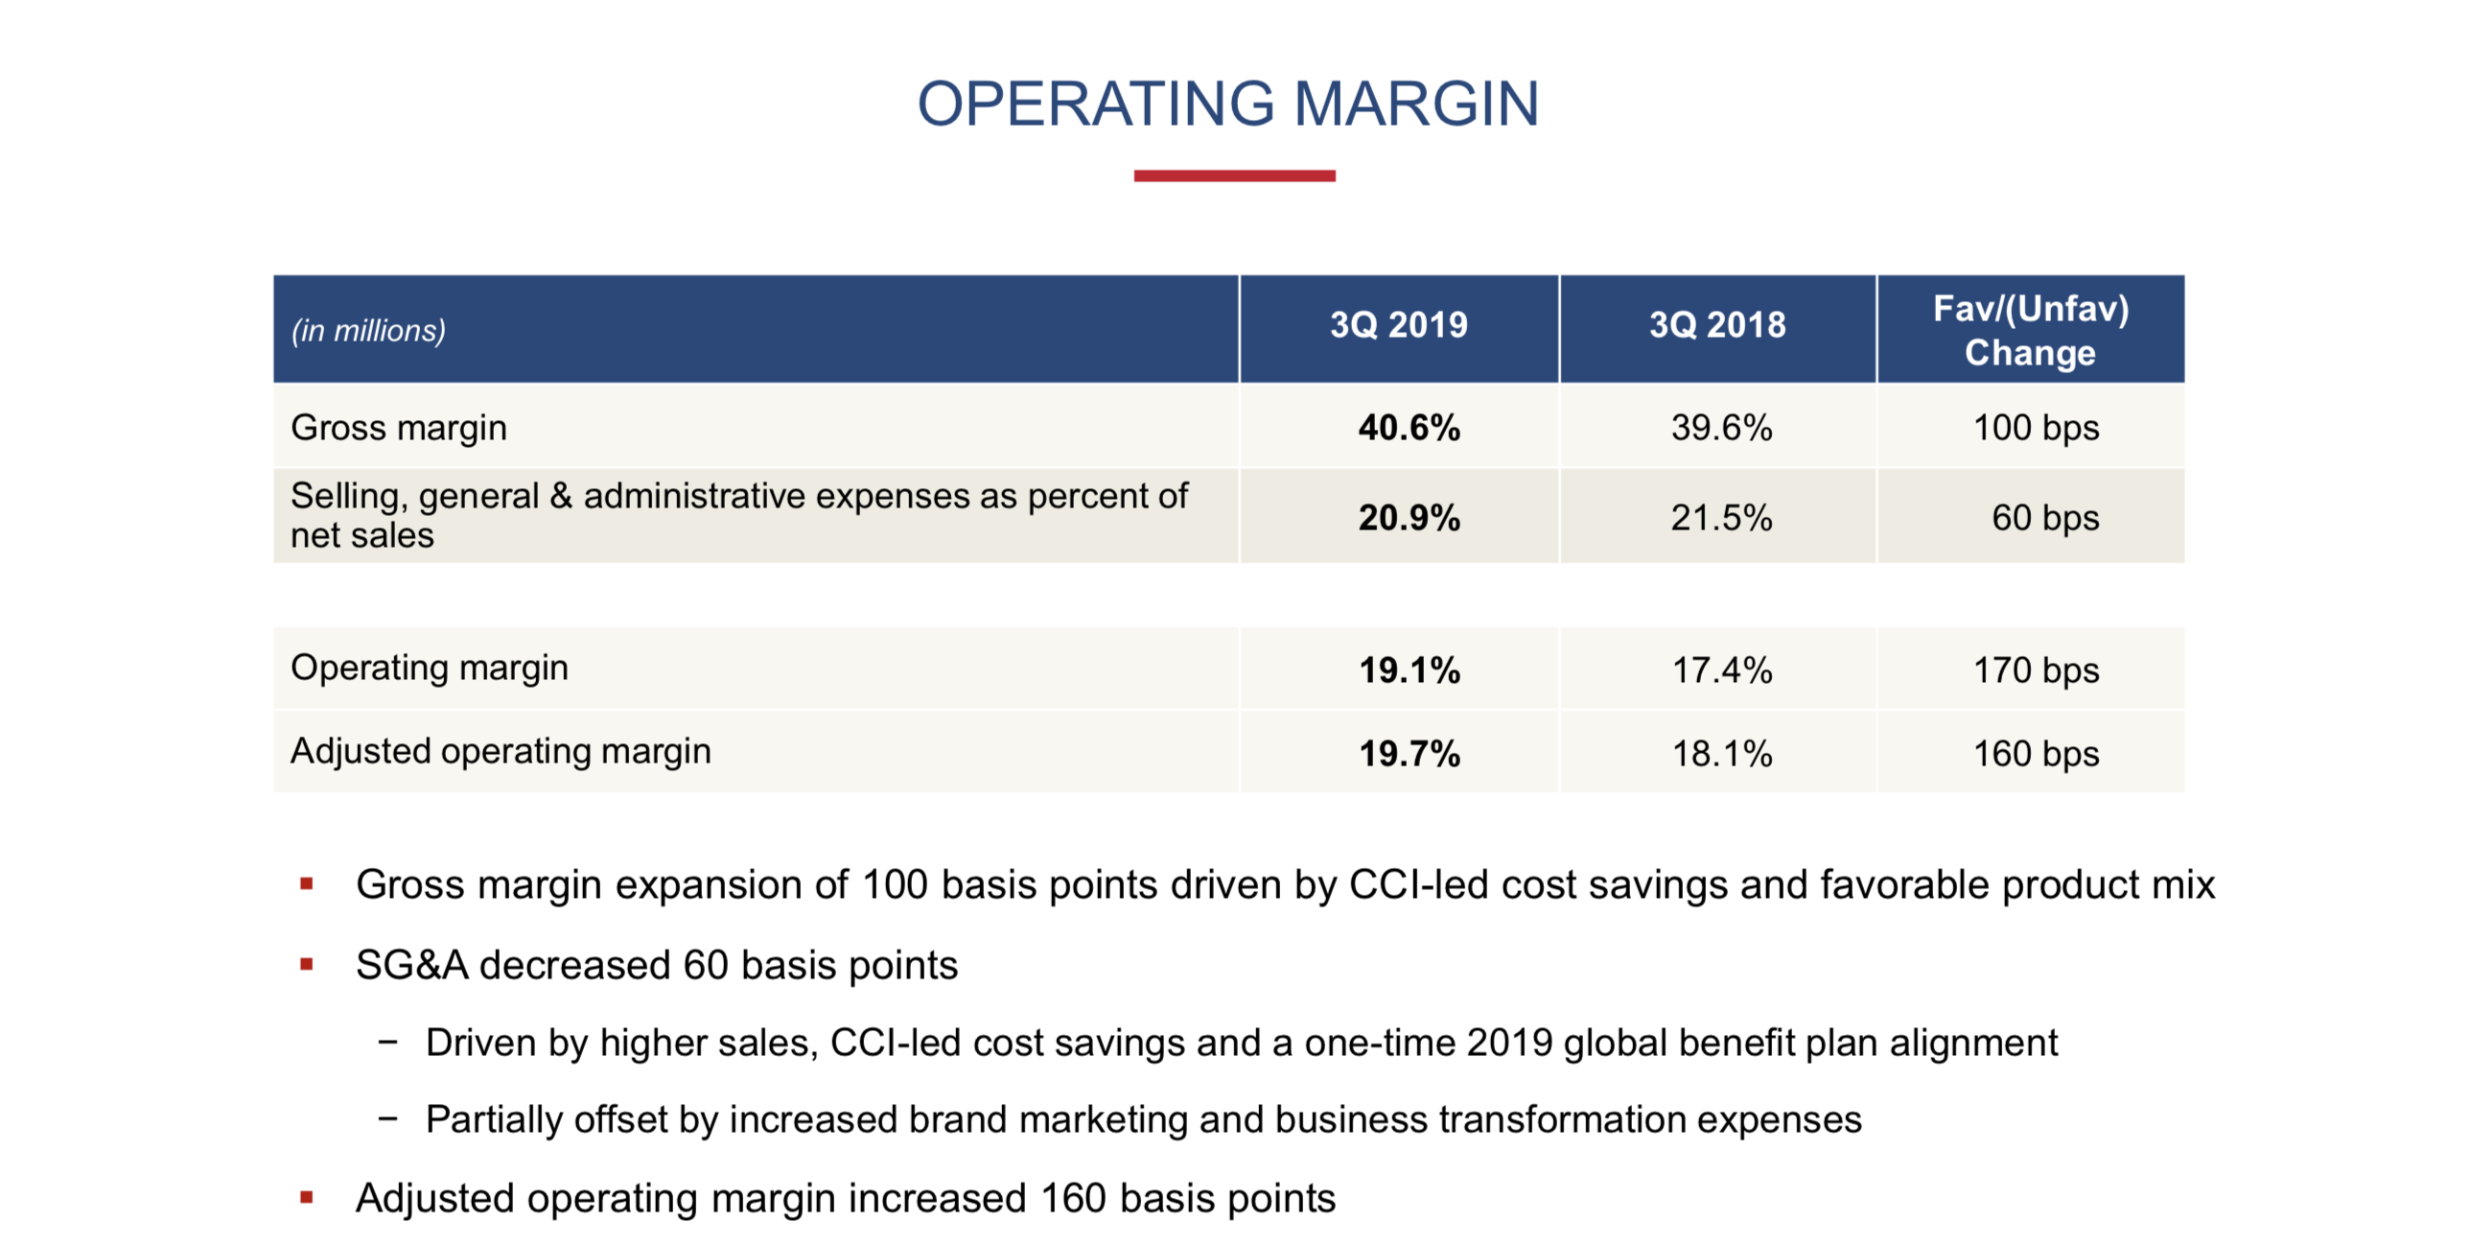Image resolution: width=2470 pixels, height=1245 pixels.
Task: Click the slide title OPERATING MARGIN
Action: pos(1228,104)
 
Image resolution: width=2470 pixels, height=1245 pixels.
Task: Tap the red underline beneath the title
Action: pos(1234,176)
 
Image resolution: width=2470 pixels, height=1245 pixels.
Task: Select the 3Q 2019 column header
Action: pos(1398,325)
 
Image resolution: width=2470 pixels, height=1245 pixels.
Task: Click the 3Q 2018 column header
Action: pos(1717,325)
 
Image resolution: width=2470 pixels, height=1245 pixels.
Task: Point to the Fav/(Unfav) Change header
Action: pos(2030,330)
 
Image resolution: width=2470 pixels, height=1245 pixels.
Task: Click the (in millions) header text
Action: pos(368,331)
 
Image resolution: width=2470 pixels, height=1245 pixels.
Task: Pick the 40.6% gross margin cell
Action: pos(1409,428)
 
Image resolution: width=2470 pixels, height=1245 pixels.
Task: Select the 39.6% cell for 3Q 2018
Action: pos(1721,428)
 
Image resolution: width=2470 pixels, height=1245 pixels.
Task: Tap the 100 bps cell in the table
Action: pos(2036,428)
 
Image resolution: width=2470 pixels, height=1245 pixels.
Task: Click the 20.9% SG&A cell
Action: pos(1409,518)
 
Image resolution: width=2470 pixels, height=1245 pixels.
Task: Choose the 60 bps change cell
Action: pos(2044,518)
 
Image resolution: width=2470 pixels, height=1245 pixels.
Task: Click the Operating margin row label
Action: pos(430,668)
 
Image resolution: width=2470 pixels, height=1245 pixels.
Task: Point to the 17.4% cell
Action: pos(1722,670)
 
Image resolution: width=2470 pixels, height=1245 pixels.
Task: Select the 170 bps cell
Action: pos(2036,670)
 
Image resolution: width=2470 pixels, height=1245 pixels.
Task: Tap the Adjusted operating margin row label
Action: pos(501,751)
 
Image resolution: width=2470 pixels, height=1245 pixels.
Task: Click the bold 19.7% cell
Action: pos(1409,754)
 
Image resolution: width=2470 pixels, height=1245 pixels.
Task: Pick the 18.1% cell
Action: pos(1722,754)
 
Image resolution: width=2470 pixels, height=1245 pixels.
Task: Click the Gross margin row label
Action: pos(399,428)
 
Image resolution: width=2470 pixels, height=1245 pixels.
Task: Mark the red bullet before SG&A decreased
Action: pos(307,964)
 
